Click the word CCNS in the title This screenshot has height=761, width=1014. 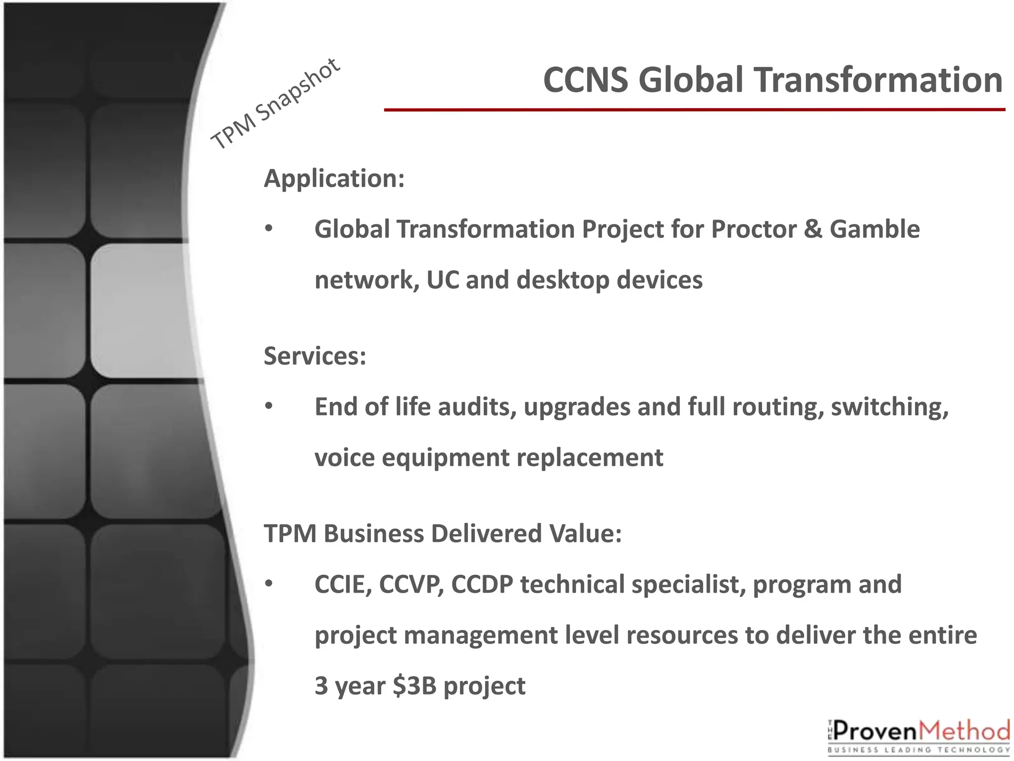tap(585, 80)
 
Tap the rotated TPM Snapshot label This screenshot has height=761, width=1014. tap(275, 105)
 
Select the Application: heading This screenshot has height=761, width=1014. tap(334, 178)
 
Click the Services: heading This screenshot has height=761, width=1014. tap(315, 356)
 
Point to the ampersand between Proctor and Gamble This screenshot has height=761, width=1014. tap(812, 229)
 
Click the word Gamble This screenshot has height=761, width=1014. tap(874, 229)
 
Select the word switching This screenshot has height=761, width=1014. tap(889, 408)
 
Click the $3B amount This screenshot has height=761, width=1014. tap(414, 686)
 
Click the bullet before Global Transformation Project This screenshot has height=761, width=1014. tap(268, 229)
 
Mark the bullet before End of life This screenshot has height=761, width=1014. tap(268, 406)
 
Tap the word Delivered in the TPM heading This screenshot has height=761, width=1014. tap(486, 534)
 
